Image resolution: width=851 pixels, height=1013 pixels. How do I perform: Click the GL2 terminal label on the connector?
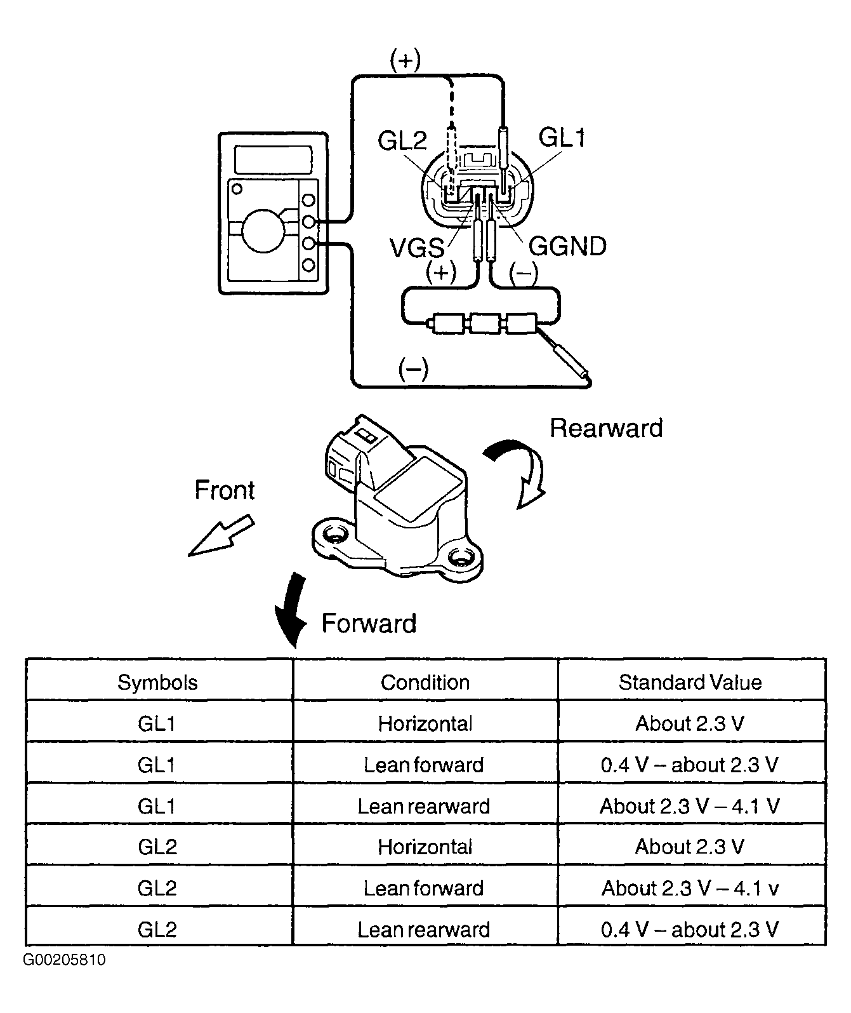tap(402, 141)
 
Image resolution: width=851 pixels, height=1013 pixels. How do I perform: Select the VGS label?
tap(416, 248)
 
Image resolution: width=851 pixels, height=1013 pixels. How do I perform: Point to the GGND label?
tap(567, 246)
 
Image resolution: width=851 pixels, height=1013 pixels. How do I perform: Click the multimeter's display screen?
tap(273, 159)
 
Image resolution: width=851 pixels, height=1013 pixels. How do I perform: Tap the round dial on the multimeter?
tap(263, 231)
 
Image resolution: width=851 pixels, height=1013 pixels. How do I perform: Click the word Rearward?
tap(606, 428)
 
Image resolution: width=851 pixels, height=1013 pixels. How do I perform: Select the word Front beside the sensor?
tap(225, 490)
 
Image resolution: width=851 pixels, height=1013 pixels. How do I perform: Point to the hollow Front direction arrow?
tap(221, 535)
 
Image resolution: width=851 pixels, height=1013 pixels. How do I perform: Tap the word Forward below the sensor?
tap(369, 624)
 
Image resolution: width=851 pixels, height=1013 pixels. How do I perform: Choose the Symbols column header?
tap(157, 683)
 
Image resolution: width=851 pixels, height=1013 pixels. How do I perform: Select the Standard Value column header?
tap(690, 683)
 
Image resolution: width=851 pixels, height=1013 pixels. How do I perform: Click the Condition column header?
tap(425, 683)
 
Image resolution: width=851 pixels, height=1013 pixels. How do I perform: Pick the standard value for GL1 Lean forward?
tap(690, 765)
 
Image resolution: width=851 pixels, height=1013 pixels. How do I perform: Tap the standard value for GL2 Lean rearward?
tap(690, 930)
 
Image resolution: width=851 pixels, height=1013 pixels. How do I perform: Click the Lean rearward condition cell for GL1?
tap(424, 807)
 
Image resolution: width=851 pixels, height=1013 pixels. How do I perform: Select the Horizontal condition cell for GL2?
tap(425, 847)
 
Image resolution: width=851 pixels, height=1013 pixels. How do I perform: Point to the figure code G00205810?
tap(64, 960)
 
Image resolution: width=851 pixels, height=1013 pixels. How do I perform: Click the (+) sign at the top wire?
tap(406, 60)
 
